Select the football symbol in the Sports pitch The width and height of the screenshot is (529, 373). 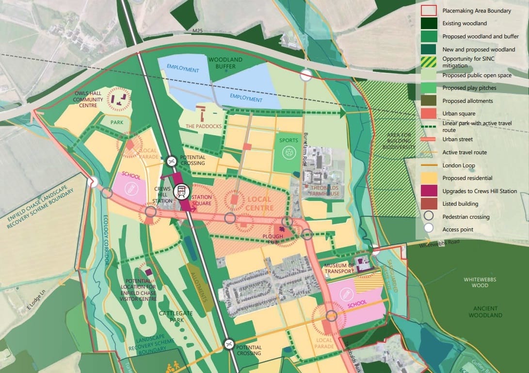[289, 153]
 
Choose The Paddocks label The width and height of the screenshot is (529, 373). [204, 126]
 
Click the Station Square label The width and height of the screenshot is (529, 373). [201, 200]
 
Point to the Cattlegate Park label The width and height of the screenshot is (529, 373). [176, 317]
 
